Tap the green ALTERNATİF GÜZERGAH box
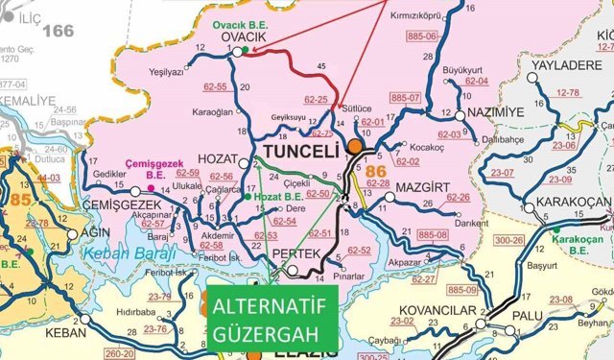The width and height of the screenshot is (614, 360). (270, 321)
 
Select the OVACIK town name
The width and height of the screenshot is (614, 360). (244, 36)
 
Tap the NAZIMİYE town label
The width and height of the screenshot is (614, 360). (496, 113)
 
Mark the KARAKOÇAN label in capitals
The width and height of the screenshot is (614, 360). (568, 202)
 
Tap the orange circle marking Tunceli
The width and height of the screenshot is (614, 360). (355, 147)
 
